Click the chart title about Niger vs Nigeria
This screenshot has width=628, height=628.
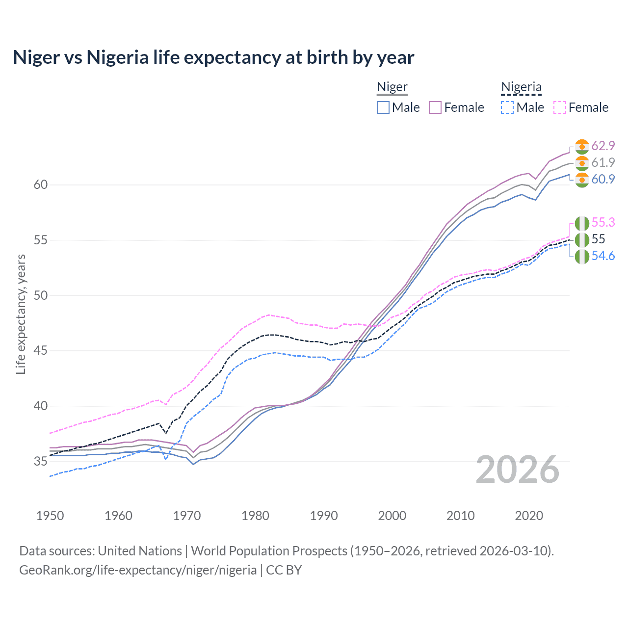[x=213, y=57]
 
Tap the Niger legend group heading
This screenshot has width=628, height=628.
[x=392, y=87]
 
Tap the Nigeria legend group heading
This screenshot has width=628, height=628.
[x=521, y=87]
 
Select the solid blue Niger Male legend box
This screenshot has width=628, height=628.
[x=383, y=107]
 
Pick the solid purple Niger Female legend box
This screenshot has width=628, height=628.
[x=435, y=107]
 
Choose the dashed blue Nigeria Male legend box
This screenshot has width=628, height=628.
[x=507, y=107]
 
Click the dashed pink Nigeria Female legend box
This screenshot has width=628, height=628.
[x=560, y=107]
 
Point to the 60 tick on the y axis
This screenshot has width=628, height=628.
[x=41, y=185]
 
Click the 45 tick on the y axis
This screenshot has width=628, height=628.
[x=41, y=351]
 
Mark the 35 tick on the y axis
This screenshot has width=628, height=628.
[x=41, y=461]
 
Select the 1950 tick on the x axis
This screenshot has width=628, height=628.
[x=50, y=516]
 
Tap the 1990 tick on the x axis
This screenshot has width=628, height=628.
[x=324, y=516]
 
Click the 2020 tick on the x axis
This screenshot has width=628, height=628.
[x=529, y=516]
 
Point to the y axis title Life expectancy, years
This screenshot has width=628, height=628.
[x=21, y=314]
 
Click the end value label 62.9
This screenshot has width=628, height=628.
[x=603, y=146]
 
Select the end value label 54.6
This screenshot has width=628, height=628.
[x=603, y=256]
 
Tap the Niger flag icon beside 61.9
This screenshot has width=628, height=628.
[x=582, y=163]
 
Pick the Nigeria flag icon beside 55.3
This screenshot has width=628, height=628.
[x=582, y=223]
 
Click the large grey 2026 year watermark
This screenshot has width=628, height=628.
[x=518, y=470]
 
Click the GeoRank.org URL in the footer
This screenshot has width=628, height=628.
[x=138, y=570]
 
